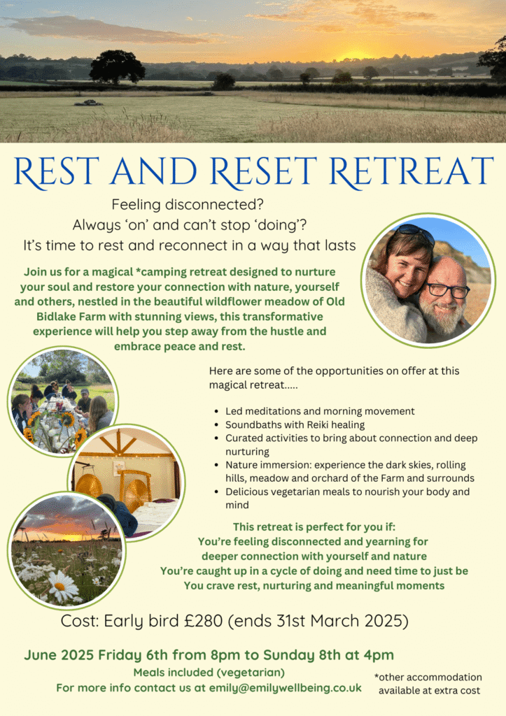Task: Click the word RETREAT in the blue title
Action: (x=412, y=172)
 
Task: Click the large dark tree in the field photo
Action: (x=117, y=66)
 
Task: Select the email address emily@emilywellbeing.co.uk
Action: (x=286, y=688)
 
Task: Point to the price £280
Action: (x=203, y=621)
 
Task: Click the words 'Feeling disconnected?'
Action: (x=188, y=205)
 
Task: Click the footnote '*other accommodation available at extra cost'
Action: (x=428, y=684)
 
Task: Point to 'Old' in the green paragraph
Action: (x=335, y=302)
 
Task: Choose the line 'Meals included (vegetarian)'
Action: (x=209, y=673)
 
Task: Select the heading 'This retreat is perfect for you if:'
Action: (x=314, y=527)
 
